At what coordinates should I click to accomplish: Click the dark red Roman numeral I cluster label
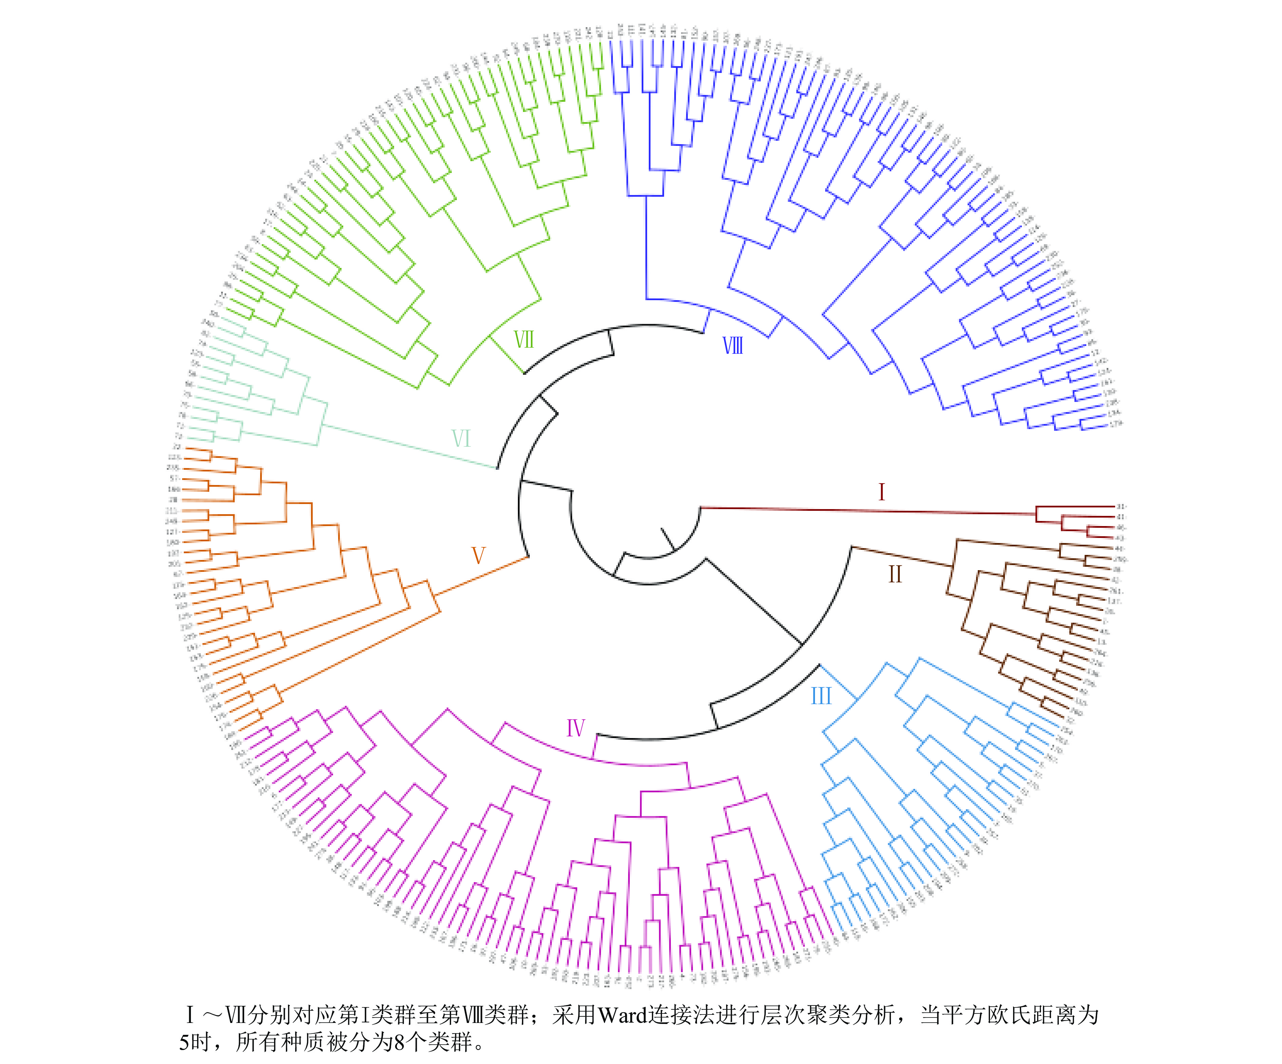pos(881,492)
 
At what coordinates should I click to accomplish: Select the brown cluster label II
pos(895,575)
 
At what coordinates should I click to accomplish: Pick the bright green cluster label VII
pos(524,340)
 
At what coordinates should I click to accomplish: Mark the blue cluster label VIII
pos(733,346)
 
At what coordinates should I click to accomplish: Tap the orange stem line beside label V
pos(482,575)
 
